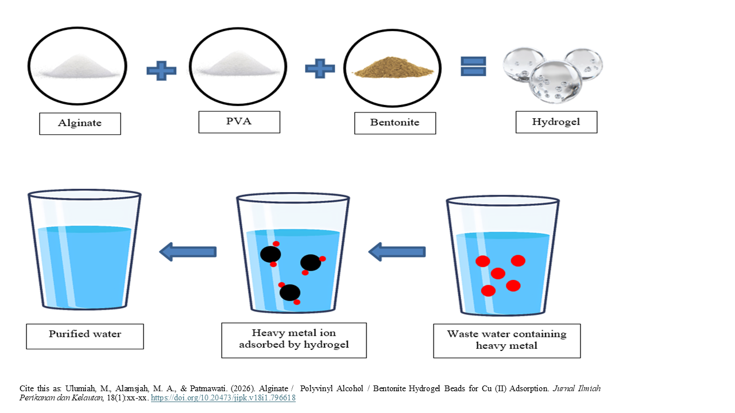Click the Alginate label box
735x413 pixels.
tap(80, 123)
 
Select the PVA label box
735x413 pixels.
tap(239, 122)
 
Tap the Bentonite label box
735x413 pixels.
tap(394, 123)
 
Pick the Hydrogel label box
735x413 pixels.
tap(556, 122)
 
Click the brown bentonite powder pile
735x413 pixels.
tap(393, 68)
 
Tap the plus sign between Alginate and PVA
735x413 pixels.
tap(161, 71)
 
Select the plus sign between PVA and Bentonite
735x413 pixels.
tap(320, 69)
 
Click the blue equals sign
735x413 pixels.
tap(474, 67)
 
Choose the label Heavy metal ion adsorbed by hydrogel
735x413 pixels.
tap(294, 340)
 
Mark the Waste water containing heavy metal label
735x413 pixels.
tap(506, 340)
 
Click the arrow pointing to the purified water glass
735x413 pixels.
tap(188, 251)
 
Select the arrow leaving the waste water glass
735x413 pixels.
tap(397, 251)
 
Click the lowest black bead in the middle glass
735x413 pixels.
tap(290, 293)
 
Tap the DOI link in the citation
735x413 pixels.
tap(223, 398)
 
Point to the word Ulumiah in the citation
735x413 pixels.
tap(63, 388)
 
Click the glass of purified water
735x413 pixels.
tap(84, 252)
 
